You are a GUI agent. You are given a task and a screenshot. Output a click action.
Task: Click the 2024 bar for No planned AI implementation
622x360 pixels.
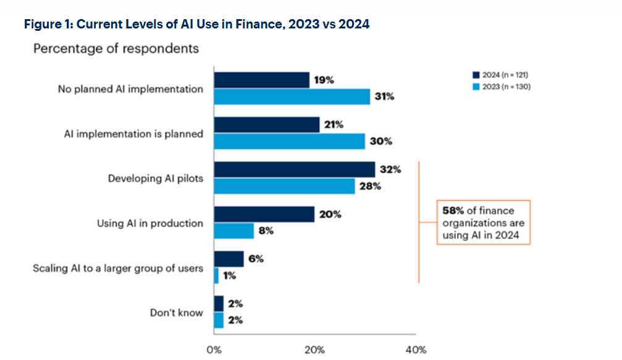coord(262,80)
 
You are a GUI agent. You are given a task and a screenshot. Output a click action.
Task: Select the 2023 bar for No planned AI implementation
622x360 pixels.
coord(292,97)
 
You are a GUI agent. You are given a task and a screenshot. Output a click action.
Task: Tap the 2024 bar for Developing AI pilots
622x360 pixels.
coord(294,170)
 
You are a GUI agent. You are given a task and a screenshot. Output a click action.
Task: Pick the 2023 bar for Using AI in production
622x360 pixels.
coord(234,231)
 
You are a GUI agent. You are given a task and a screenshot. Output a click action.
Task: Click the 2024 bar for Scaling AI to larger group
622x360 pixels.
coord(229,259)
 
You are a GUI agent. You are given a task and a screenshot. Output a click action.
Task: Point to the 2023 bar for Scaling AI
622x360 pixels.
coord(216,275)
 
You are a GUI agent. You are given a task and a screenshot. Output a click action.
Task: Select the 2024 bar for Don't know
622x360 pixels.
coord(219,304)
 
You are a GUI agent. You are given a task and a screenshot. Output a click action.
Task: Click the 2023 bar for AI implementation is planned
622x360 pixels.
coord(289,141)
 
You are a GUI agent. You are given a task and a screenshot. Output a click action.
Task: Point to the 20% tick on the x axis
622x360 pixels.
coord(314,350)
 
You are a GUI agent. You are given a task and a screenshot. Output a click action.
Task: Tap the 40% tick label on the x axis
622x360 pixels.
coord(416,350)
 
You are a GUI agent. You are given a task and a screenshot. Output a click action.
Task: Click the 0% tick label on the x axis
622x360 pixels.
coord(214,350)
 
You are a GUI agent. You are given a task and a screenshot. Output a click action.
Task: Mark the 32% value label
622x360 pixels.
coord(390,170)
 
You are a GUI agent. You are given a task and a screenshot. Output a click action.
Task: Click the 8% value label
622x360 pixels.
coord(267,231)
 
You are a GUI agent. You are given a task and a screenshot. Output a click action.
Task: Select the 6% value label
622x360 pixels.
coord(256,259)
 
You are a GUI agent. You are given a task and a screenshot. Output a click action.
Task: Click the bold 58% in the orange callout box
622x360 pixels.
coord(453,211)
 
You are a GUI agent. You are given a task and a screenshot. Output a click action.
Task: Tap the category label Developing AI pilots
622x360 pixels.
coord(155,178)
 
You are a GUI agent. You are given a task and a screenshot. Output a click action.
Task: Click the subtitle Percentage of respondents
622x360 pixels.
coord(116,48)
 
